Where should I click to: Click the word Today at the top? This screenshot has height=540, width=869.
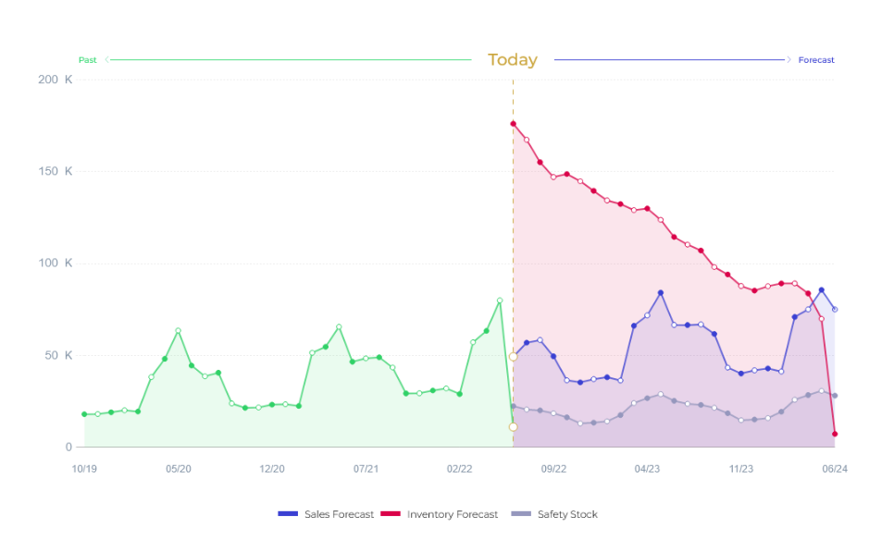pos(512,60)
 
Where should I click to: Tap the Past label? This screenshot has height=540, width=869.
pos(87,60)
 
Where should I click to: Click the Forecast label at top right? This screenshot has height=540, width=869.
pos(816,60)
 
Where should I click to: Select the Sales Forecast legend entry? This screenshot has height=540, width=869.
pos(339,514)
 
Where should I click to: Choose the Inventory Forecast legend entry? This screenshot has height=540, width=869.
pos(452,514)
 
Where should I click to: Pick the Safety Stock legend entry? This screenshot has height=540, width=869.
pos(566,514)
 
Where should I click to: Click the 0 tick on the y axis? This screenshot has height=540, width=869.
pos(68,447)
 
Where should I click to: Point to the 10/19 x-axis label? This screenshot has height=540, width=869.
pos(84,469)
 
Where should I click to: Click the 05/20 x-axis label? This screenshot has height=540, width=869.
pos(179,469)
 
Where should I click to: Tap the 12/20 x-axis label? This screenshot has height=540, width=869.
pos(272,469)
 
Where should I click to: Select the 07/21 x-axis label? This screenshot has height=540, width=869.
pos(366,469)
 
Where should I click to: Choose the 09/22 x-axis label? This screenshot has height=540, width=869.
pos(553,469)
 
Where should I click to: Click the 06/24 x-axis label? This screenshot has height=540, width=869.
pos(835,469)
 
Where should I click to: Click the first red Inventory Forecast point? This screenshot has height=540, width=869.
pos(513,124)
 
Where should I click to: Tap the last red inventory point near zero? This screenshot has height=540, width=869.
pos(835,434)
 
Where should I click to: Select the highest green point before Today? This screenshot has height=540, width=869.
pos(500,301)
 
